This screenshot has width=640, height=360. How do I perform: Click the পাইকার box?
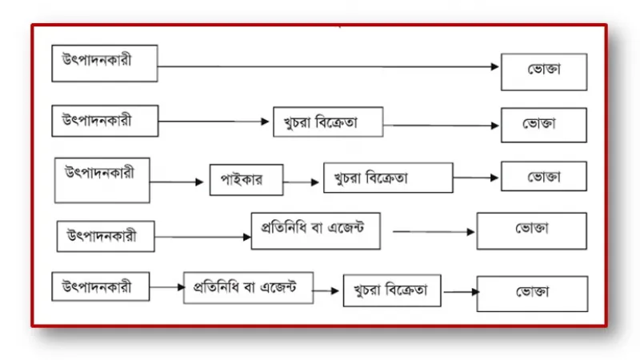[246, 180]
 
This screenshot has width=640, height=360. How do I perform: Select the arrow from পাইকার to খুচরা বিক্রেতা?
[301, 182]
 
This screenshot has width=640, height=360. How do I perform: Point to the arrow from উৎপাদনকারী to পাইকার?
[176, 182]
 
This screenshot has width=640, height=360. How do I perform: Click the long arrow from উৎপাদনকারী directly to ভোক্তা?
[328, 66]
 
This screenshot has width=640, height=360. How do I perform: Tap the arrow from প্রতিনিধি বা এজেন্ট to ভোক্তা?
[434, 232]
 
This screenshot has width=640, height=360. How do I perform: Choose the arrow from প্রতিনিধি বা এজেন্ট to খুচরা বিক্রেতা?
[326, 291]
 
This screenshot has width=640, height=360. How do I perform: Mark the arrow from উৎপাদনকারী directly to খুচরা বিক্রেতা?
[214, 122]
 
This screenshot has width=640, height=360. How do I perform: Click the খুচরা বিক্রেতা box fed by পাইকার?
[388, 178]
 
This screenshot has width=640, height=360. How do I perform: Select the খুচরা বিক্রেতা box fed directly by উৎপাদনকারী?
[328, 122]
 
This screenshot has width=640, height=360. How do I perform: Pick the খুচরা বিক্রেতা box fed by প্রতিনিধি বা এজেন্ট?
[392, 290]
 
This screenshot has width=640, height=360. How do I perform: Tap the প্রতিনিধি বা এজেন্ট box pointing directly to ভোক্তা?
[315, 230]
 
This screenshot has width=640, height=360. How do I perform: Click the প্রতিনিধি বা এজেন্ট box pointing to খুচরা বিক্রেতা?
[248, 288]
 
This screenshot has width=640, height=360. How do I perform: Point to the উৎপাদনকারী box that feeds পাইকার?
[102, 180]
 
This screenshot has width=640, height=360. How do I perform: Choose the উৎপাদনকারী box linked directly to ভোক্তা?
[105, 63]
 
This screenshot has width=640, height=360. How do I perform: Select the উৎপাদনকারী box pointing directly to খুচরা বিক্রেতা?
[105, 121]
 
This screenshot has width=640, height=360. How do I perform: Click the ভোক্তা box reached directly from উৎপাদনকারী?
[544, 72]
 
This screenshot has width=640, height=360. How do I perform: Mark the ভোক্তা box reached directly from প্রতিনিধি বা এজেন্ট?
[532, 230]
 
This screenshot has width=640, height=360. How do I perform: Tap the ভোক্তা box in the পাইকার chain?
[544, 176]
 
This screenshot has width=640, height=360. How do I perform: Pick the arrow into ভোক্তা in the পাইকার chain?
[475, 178]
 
